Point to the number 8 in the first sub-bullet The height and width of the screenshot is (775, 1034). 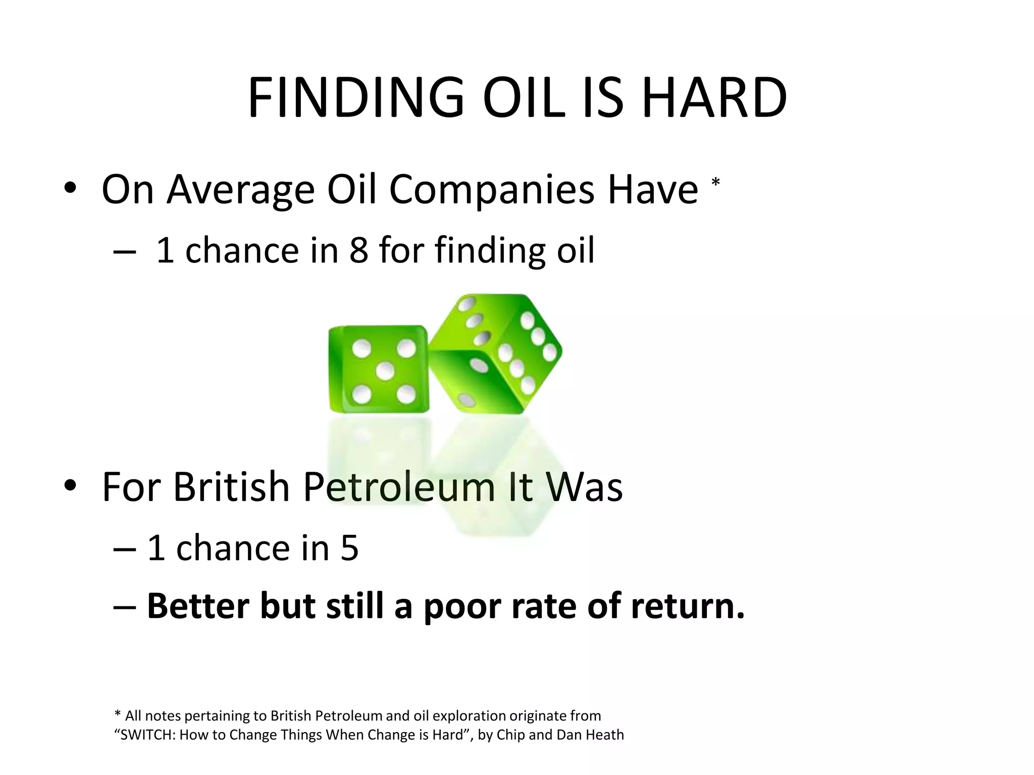coord(358,250)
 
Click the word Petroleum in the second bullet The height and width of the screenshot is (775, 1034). coord(399,487)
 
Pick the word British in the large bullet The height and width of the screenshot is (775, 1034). coord(231,487)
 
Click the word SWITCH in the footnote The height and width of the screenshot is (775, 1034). coord(146,735)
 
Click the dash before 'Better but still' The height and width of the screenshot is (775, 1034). coord(125,606)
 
